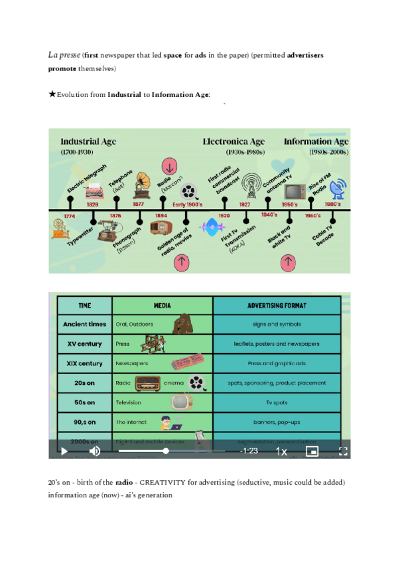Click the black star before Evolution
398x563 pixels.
[x=52, y=94]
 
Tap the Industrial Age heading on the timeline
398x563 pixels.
[x=88, y=141]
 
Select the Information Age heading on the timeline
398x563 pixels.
[x=316, y=141]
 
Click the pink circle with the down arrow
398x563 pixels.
[x=169, y=166]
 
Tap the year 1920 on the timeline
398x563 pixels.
[x=224, y=216]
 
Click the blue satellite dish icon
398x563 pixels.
[x=338, y=189]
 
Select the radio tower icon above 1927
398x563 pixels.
[x=251, y=185]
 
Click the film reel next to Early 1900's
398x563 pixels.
[x=190, y=193]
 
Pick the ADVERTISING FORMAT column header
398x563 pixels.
[x=277, y=305]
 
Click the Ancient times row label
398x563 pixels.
[x=84, y=325]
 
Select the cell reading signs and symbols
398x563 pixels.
[x=277, y=325]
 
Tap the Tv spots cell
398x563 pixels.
[x=277, y=402]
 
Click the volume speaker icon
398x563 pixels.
[x=95, y=451]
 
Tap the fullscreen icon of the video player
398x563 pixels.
[x=344, y=451]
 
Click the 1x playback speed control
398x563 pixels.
[x=281, y=451]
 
